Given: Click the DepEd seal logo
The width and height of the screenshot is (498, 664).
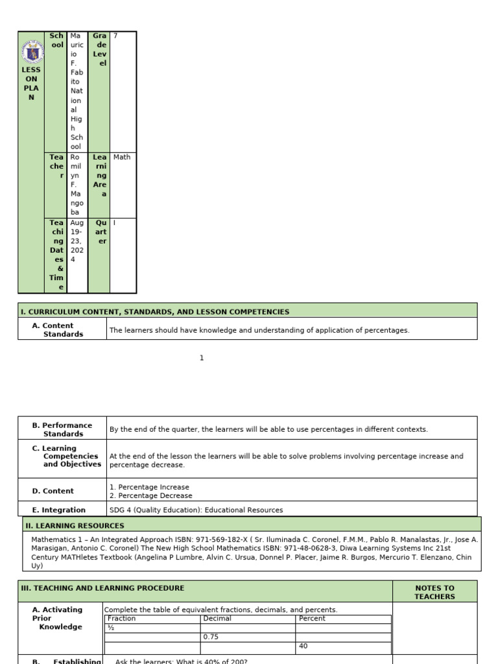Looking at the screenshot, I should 31,49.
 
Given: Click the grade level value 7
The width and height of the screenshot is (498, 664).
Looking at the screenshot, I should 115,36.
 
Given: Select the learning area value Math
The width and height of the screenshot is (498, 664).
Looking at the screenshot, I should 121,157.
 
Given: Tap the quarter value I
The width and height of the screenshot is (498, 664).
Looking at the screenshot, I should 115,222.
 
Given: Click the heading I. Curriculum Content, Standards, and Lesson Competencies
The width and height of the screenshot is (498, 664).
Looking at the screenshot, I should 155,312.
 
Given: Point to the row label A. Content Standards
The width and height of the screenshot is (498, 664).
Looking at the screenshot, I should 58,330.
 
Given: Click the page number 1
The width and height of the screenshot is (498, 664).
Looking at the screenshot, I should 202,358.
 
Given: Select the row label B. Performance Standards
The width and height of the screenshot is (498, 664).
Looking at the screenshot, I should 62,429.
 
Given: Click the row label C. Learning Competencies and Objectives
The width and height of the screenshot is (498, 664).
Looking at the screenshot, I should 67,456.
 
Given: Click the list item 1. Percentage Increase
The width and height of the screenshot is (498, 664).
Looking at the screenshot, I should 150,487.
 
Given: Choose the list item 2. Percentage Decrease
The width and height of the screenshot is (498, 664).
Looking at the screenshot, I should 151,496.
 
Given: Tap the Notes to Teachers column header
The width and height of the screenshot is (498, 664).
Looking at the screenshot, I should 434,592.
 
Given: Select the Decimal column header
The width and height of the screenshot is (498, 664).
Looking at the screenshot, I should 217,619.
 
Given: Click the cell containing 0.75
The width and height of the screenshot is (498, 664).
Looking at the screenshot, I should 211,637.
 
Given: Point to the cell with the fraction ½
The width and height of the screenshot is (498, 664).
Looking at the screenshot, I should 111,628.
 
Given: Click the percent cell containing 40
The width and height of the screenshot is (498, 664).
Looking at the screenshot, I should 303,646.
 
